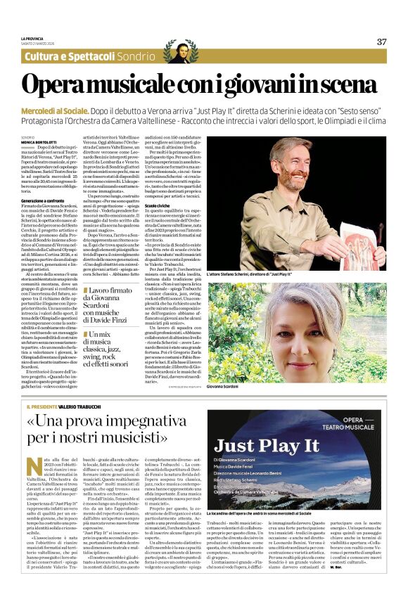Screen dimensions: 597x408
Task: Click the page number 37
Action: coord(382,41)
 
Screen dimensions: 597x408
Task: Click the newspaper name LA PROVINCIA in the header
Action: coord(32,38)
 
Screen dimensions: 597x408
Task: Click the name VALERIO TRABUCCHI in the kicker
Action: coord(84,406)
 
